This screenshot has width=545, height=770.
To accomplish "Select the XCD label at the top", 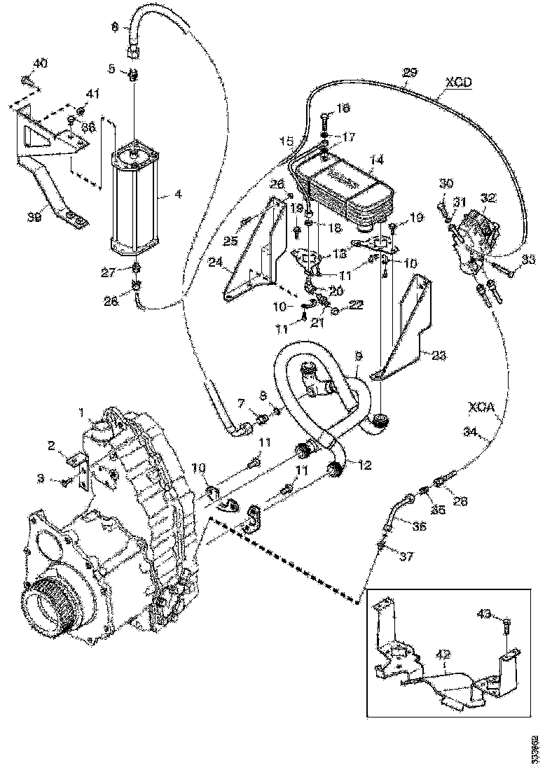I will point(458,82).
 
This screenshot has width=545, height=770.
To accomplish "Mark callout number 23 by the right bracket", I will point(438,355).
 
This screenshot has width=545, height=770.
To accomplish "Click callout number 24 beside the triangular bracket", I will point(215,263).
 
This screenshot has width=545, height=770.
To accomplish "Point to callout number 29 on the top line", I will point(410,72).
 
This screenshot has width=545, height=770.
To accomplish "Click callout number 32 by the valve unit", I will point(488,199).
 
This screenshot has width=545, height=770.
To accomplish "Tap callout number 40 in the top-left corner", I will point(41,64).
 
